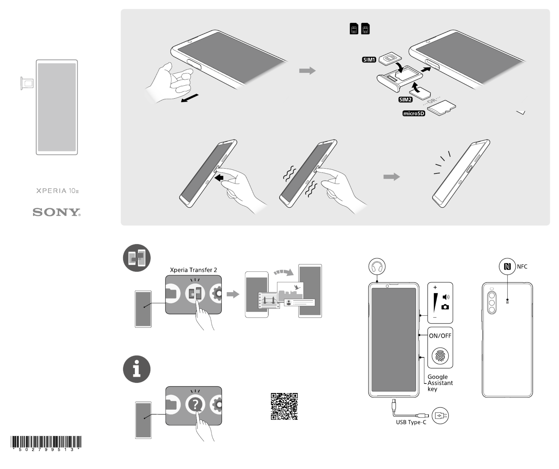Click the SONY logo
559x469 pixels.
point(57,212)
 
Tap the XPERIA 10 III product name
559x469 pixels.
point(57,191)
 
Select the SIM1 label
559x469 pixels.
point(369,60)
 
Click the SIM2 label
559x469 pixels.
point(405,100)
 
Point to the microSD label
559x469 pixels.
point(414,113)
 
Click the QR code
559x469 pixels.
point(284,406)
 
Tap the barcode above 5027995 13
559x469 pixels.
point(46,442)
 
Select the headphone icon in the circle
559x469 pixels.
point(377,266)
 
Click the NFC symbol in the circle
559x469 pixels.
point(507,266)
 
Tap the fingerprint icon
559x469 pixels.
point(440,356)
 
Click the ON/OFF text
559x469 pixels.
point(440,336)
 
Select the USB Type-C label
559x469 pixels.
point(411,422)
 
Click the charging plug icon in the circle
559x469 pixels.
point(440,416)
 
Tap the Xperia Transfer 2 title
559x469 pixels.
point(193,270)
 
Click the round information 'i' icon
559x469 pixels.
point(137,369)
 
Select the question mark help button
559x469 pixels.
point(195,405)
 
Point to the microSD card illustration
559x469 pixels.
point(442,108)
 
